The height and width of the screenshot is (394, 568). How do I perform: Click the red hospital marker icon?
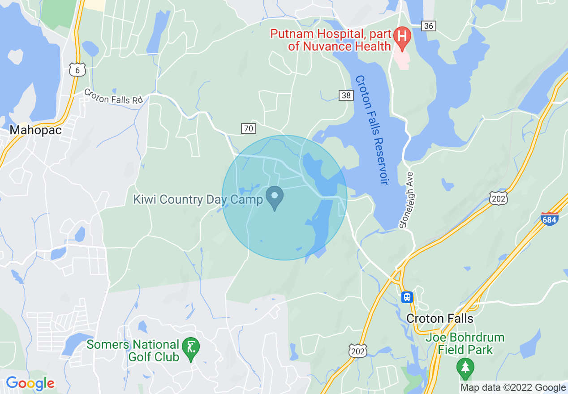(402, 38)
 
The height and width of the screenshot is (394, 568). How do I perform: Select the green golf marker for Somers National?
(191, 348)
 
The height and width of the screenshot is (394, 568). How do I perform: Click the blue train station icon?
(407, 297)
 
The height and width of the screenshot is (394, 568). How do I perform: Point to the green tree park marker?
(465, 367)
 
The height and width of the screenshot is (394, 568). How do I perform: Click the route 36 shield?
(429, 26)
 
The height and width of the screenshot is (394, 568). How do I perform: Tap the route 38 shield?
(346, 95)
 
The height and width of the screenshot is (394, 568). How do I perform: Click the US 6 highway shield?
(77, 70)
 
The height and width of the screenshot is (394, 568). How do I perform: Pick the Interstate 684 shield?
(550, 219)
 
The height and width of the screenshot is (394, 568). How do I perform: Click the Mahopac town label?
(35, 130)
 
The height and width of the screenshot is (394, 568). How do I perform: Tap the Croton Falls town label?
(439, 318)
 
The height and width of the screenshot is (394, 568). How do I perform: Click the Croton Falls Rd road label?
(113, 97)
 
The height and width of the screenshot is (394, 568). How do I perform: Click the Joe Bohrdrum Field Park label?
(465, 343)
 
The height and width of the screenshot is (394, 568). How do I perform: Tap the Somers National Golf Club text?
(133, 351)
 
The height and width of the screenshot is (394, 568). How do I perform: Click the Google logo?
(30, 383)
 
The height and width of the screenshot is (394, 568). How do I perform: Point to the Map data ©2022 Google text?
(513, 388)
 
